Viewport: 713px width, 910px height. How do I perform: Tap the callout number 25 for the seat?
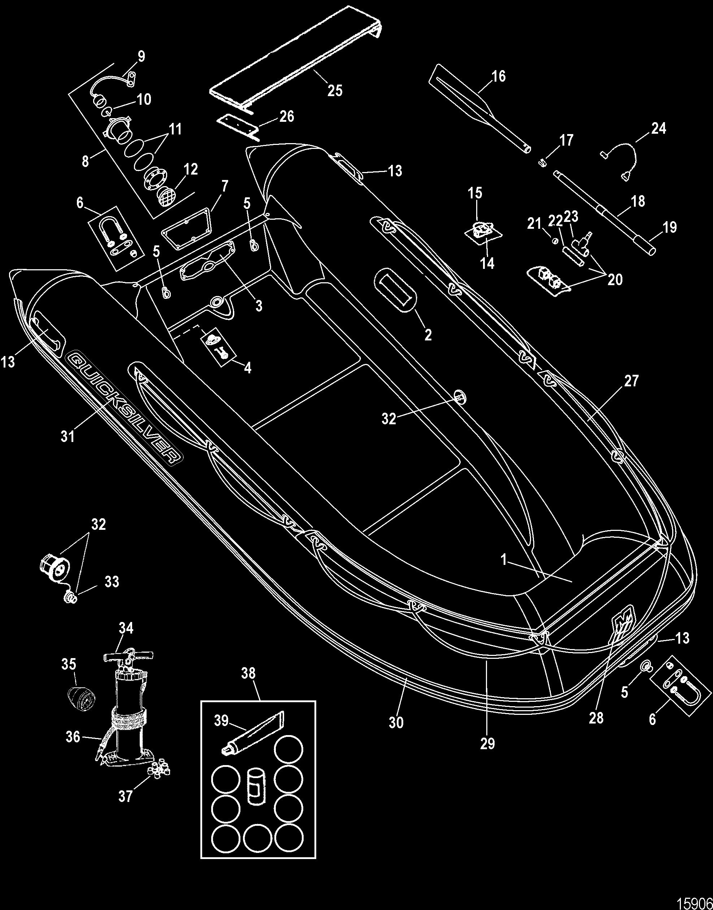coord(335,90)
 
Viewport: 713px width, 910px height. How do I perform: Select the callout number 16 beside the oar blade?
coord(499,77)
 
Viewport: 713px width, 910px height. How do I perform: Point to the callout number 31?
coord(68,437)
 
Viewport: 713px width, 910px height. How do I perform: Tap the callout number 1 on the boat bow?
coord(504,560)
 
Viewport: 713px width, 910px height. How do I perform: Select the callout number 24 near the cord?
coord(658,128)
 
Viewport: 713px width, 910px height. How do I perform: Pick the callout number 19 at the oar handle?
coord(670,227)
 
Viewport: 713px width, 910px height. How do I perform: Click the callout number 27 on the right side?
coord(631,381)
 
